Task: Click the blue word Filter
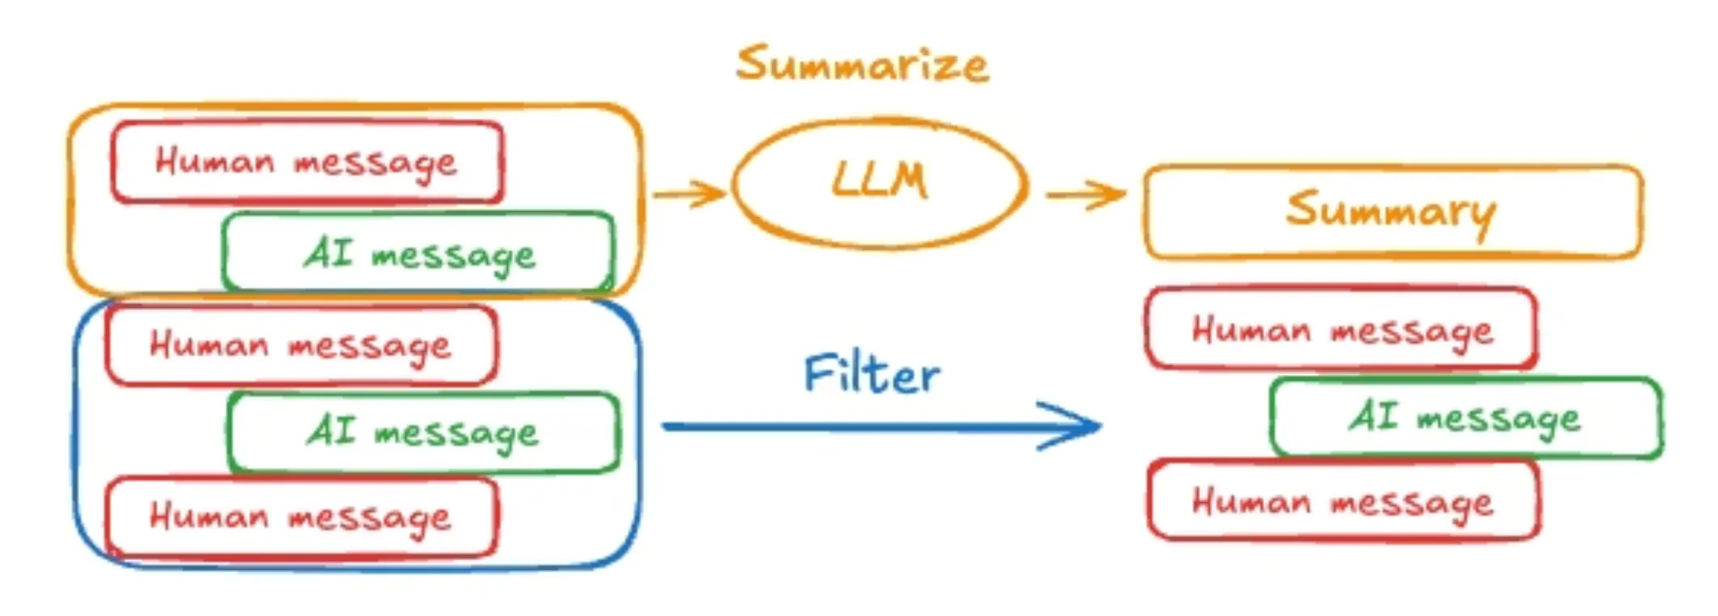pos(872,375)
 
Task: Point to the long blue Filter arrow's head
pos(1076,426)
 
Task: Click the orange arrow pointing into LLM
pos(689,194)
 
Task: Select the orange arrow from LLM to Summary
pos(1084,194)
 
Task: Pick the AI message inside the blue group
pos(423,432)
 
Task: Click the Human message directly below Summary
pos(1341,330)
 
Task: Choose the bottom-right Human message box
pos(1343,501)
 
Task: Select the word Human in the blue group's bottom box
pos(209,516)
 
